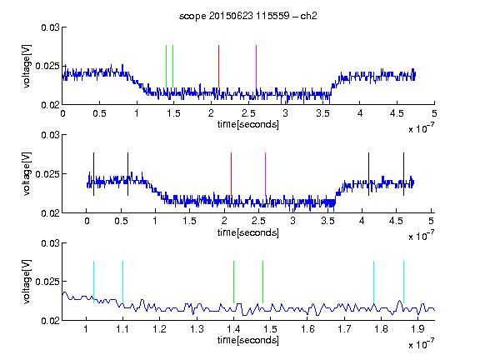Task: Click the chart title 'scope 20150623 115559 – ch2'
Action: (248, 16)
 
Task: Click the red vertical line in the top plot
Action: (218, 67)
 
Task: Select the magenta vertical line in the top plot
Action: (256, 67)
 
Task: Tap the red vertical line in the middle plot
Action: (231, 174)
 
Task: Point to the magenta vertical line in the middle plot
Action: (265, 174)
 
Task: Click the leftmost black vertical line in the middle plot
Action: (93, 174)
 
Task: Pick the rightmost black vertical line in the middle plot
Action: (403, 174)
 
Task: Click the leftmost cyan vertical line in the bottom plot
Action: (93, 282)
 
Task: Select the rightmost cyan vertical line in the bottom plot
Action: (403, 282)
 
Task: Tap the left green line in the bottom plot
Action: (233, 282)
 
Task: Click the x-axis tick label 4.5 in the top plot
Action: (397, 113)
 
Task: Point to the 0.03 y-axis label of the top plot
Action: (51, 27)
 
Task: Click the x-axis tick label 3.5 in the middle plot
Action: (327, 221)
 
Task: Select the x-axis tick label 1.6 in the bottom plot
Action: (307, 329)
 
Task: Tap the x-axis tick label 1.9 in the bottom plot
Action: (418, 329)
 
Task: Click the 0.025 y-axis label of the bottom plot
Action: (47, 282)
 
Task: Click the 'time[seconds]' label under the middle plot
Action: (248, 232)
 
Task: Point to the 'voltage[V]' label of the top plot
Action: (27, 67)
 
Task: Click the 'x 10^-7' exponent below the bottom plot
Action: (421, 344)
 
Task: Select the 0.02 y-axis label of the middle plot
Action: (51, 213)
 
